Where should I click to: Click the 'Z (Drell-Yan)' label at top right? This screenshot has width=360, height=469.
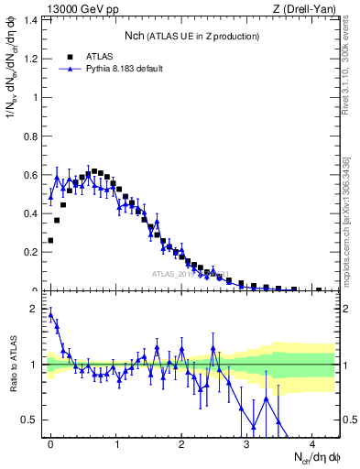coord(306,9)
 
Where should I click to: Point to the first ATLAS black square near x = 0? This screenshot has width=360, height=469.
coord(50,240)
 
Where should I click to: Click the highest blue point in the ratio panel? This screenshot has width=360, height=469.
coord(50,314)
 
